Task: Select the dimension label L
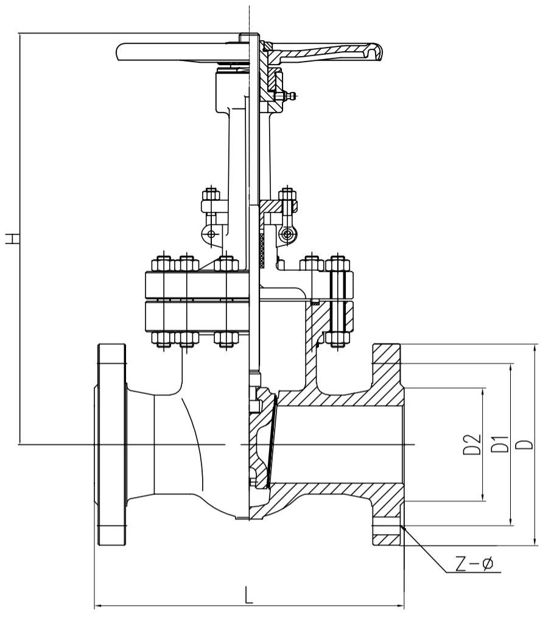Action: pos(248,594)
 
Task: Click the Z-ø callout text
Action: pos(475,564)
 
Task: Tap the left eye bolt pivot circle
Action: pos(211,233)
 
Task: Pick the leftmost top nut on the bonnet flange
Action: pos(163,263)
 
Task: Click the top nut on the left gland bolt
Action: pos(211,195)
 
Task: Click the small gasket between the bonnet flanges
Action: pos(315,302)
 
